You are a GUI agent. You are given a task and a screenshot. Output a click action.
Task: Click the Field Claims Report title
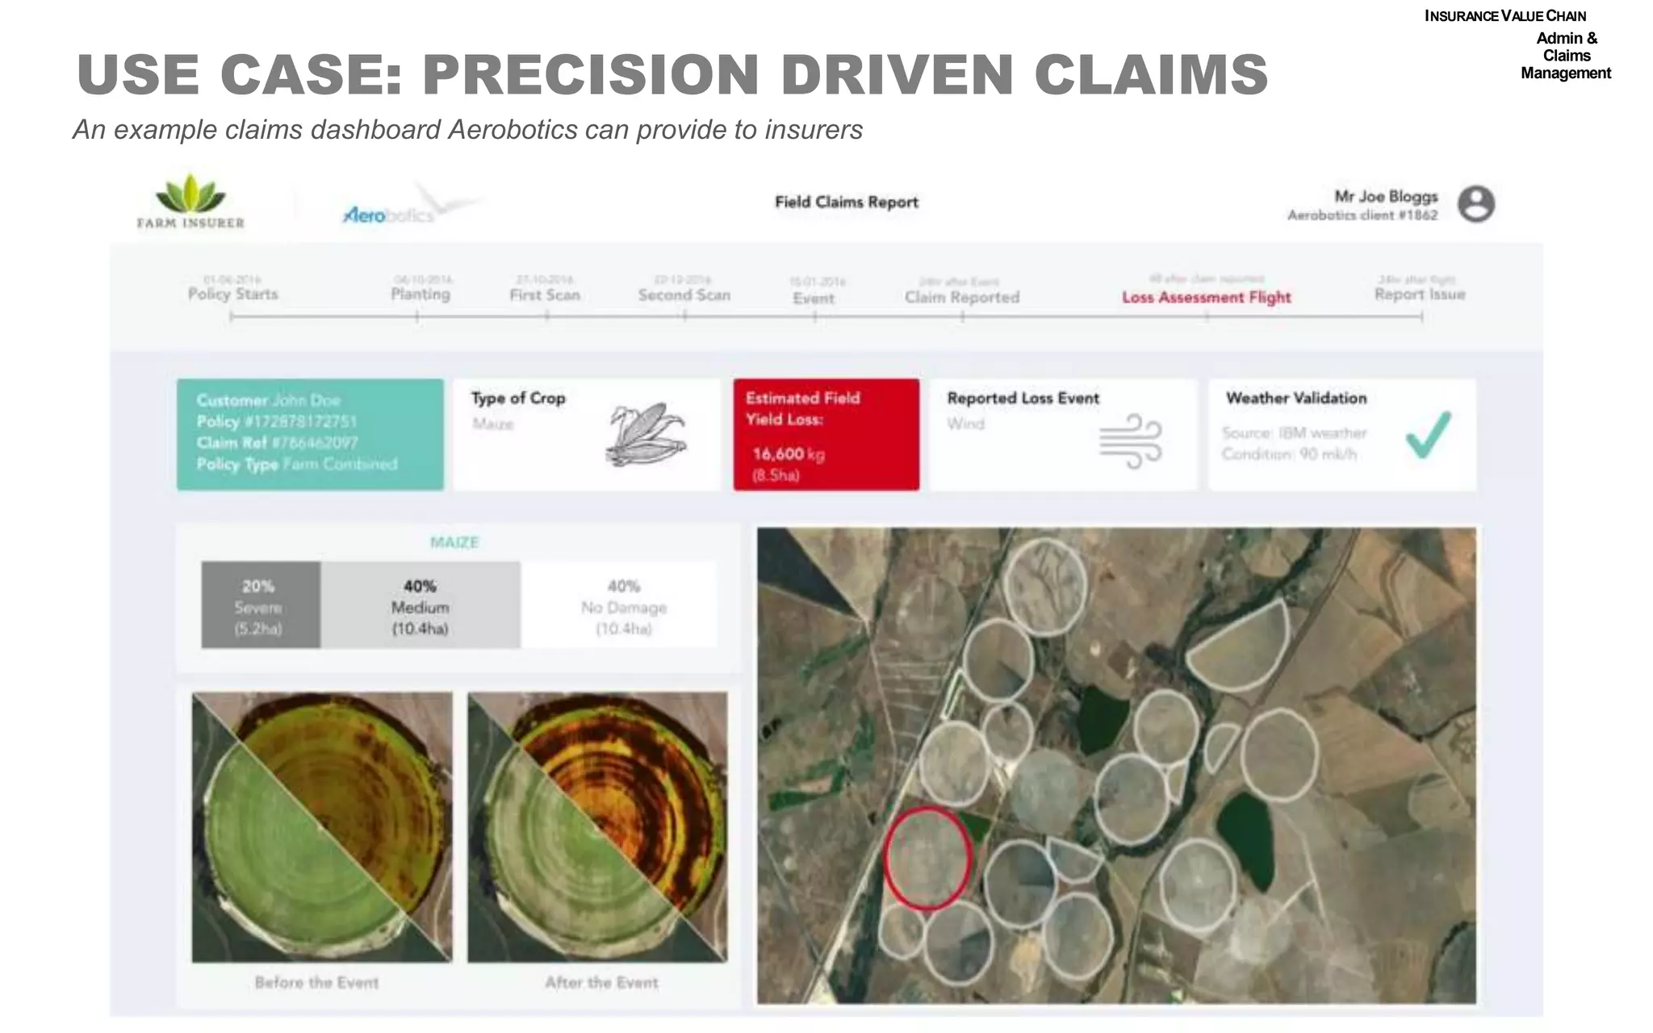(846, 203)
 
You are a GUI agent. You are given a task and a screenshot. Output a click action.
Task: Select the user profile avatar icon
(1475, 203)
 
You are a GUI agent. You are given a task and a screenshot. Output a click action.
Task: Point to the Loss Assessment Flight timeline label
(1206, 297)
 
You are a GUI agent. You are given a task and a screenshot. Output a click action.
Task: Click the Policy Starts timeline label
(232, 294)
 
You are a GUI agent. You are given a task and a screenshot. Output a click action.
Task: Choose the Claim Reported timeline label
(961, 297)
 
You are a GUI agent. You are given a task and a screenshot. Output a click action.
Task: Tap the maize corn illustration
(645, 435)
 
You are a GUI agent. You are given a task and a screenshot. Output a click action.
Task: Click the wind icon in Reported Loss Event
(1130, 441)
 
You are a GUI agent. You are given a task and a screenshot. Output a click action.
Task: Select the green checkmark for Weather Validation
(1428, 435)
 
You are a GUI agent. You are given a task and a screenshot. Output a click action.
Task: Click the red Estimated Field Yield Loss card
(826, 435)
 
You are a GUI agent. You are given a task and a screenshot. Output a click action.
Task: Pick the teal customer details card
(310, 434)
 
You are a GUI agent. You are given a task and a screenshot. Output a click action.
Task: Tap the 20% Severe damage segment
(260, 605)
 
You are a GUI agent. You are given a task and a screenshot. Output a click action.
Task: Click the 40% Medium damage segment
(420, 605)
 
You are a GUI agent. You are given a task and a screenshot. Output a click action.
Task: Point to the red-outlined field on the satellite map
(927, 857)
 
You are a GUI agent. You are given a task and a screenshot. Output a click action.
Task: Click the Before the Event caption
(316, 982)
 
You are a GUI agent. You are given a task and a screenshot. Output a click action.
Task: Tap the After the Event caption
(601, 982)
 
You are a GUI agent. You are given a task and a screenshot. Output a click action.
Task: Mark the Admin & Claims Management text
(1565, 56)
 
